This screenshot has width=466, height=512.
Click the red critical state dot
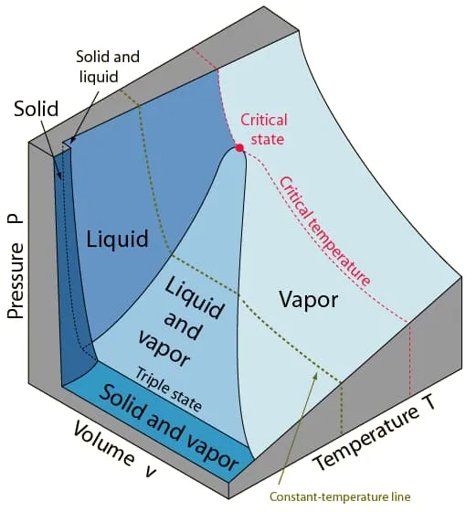coord(239,147)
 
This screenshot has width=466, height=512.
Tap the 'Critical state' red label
coord(263,129)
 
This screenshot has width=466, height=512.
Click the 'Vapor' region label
coord(308,299)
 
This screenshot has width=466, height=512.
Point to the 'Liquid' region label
coord(117,240)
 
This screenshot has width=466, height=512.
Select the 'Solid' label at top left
coord(37,110)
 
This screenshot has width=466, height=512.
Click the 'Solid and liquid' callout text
coord(107,66)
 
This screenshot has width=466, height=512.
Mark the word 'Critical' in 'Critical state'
coord(263,121)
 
